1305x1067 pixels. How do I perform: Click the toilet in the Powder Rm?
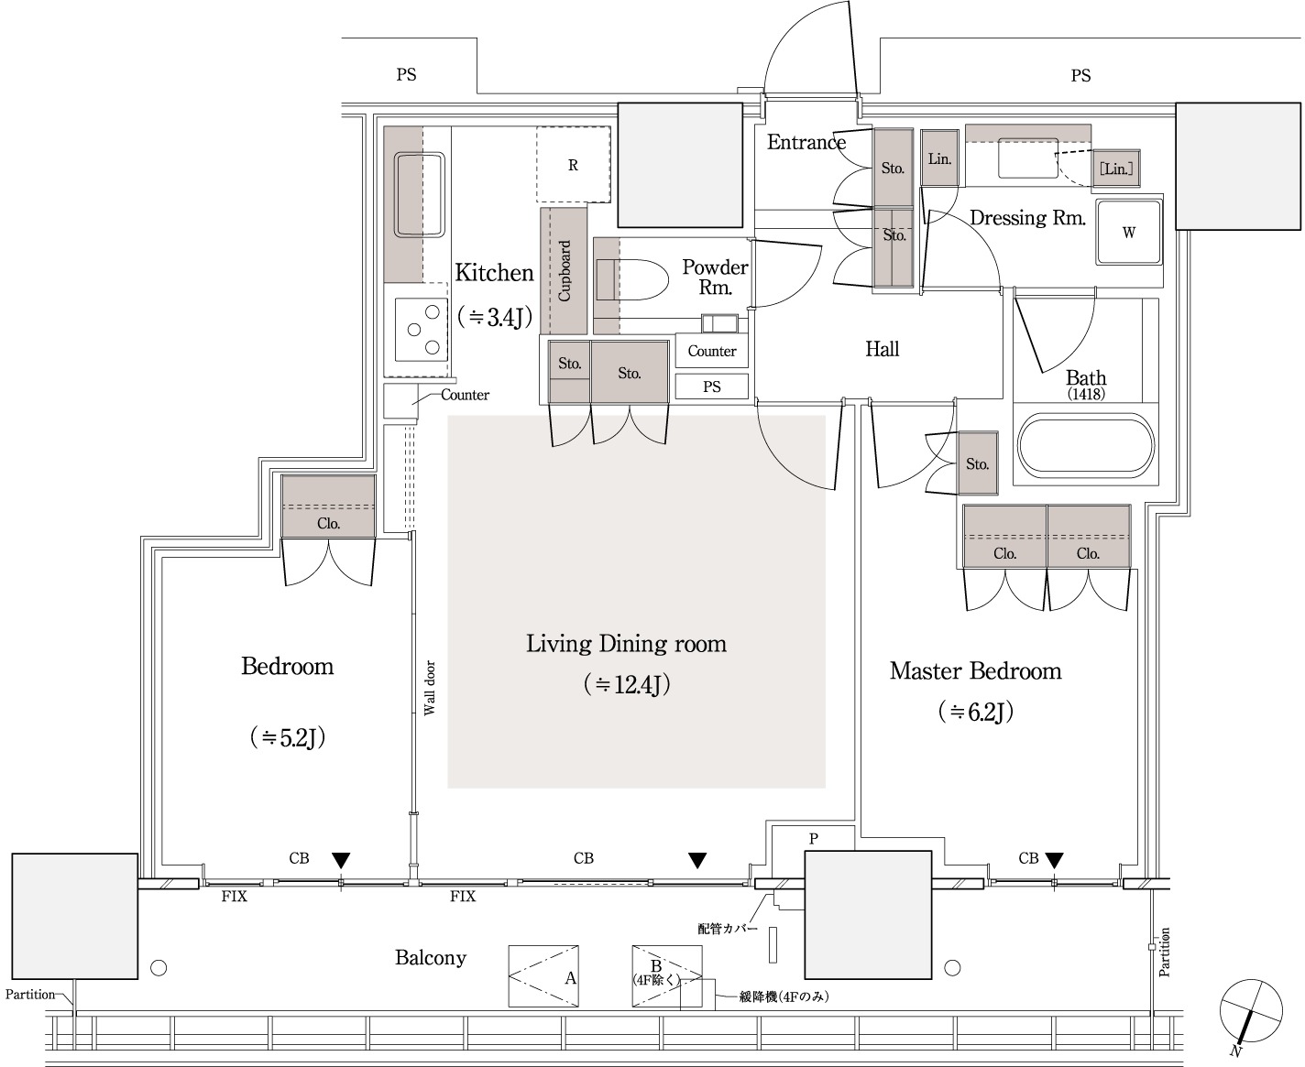point(632,280)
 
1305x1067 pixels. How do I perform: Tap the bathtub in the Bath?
point(1086,445)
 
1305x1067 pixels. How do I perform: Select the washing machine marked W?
point(1129,232)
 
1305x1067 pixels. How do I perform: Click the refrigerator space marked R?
point(573,165)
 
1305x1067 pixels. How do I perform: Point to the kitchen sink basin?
point(420,194)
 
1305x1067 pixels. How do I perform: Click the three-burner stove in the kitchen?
point(422,329)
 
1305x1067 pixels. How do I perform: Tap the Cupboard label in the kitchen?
point(564,271)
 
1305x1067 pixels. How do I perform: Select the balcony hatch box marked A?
point(543,976)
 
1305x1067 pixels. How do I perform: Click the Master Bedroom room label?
point(975,671)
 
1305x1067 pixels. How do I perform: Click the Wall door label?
point(430,688)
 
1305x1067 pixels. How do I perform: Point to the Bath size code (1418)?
point(1086,394)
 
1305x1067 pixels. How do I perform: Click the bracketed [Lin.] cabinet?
point(1116,169)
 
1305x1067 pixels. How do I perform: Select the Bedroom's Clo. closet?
point(328,506)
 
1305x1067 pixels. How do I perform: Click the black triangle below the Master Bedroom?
point(1055,860)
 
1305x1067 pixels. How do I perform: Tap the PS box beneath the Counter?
point(711,387)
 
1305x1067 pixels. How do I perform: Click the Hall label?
point(882,349)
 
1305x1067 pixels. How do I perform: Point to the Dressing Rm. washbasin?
point(1028,158)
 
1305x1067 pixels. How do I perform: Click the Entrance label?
point(806,142)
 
